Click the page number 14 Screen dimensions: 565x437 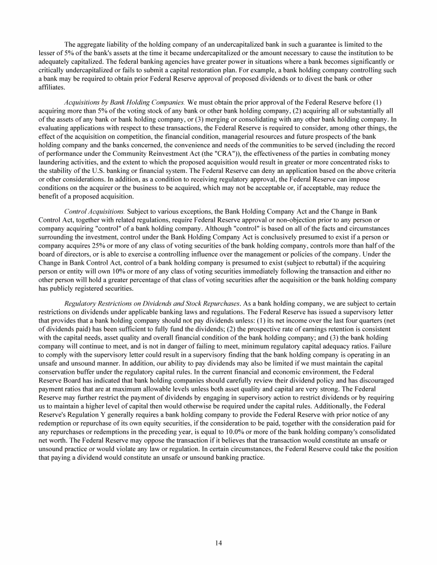tap(218, 543)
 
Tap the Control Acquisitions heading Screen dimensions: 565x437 tap(95, 212)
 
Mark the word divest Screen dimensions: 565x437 tap(322, 80)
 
